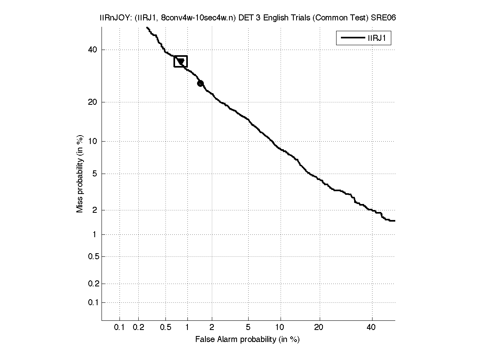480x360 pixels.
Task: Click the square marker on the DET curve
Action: [181, 61]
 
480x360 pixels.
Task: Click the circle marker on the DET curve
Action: [200, 83]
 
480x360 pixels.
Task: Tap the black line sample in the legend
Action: [351, 38]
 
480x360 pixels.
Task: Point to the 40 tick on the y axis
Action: [92, 50]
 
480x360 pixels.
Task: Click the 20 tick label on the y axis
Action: [92, 102]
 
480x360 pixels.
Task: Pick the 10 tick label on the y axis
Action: [93, 141]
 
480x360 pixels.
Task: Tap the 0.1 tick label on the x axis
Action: [120, 328]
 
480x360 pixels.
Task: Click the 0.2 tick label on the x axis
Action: [138, 328]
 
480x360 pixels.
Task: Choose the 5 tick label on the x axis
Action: [248, 328]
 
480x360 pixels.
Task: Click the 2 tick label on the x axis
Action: [212, 328]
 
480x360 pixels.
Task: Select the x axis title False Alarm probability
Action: [247, 340]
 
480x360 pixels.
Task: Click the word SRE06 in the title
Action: [383, 18]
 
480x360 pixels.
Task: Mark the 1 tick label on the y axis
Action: [95, 235]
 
